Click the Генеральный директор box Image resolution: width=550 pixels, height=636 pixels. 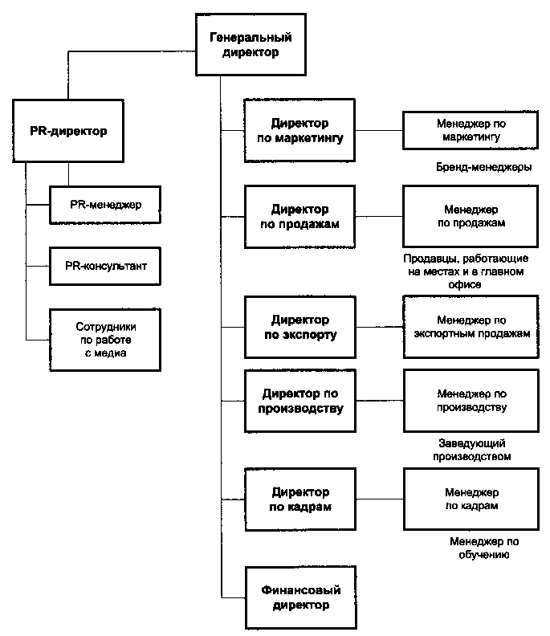(x=251, y=45)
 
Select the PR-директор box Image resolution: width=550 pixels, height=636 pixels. (x=68, y=131)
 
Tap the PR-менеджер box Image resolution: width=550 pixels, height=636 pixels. (x=105, y=205)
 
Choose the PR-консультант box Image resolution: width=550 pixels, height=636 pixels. (x=105, y=266)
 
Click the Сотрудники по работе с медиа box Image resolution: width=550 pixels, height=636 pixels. (x=105, y=340)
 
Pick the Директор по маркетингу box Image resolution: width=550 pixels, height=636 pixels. (x=299, y=131)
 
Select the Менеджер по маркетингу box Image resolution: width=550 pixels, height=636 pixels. (x=471, y=130)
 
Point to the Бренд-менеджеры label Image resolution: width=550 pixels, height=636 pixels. (x=484, y=167)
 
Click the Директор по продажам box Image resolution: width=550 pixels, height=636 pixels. (x=299, y=217)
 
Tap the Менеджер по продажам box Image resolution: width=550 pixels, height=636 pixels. (x=471, y=216)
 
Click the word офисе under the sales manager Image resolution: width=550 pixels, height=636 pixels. (x=465, y=285)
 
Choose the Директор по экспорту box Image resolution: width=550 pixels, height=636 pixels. (x=300, y=328)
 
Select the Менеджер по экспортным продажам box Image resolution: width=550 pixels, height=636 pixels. (x=471, y=327)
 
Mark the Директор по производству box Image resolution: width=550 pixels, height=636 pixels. (x=300, y=401)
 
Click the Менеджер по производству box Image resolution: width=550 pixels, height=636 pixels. (x=471, y=401)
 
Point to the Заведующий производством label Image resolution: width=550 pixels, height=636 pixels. (x=472, y=450)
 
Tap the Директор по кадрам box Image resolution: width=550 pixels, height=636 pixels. (x=300, y=499)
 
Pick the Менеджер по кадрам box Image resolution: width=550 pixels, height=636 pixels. (x=471, y=499)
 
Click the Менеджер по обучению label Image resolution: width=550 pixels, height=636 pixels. (x=484, y=548)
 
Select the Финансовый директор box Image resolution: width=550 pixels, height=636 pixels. (x=301, y=598)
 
